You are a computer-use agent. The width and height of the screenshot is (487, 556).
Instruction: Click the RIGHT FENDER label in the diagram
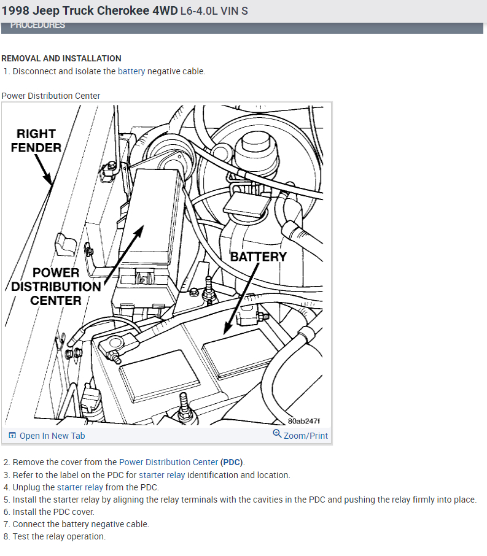36,141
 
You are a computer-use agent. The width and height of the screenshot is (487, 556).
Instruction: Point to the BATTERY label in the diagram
258,257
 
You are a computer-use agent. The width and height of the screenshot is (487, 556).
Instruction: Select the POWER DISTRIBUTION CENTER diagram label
56,286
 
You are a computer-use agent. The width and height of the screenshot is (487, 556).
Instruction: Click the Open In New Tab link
52,436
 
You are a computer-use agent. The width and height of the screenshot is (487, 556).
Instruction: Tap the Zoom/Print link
306,436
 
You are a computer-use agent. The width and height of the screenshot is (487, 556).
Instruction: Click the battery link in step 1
131,71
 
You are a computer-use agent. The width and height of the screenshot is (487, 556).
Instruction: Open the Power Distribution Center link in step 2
168,462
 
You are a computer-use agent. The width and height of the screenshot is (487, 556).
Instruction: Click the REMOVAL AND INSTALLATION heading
61,58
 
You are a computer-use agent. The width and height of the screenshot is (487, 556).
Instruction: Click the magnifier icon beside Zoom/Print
277,434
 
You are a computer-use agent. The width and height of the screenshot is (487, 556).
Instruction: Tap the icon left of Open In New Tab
12,436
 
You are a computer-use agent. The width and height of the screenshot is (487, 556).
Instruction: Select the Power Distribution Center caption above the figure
51,96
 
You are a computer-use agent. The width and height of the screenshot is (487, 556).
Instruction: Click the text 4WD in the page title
162,11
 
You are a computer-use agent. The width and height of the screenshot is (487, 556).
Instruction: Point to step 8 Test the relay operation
59,536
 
